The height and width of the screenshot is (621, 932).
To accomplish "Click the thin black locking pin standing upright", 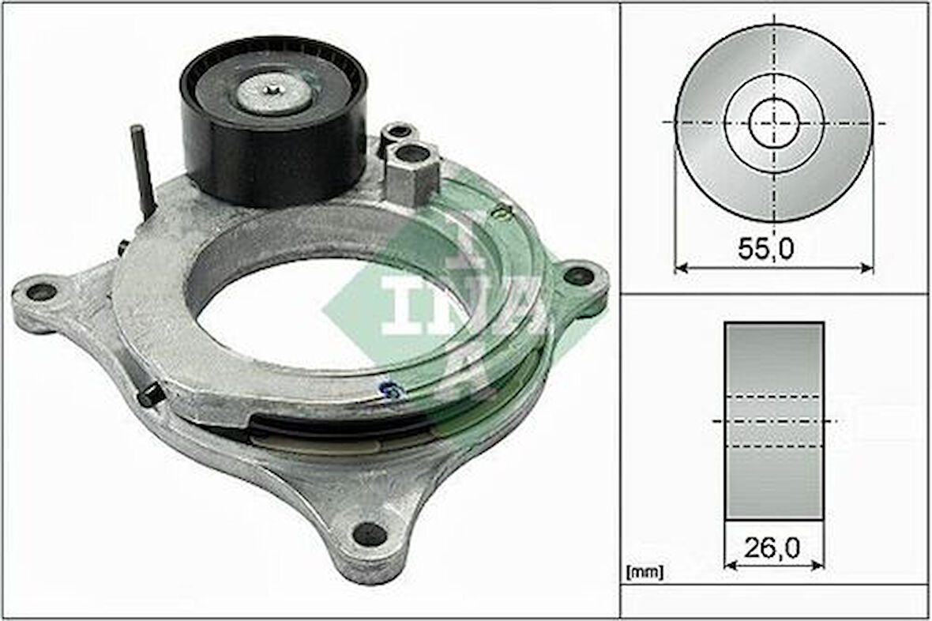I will click(x=143, y=170).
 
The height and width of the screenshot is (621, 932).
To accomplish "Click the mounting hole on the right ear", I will click(x=578, y=276).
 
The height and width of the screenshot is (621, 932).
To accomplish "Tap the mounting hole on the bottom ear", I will click(x=370, y=534).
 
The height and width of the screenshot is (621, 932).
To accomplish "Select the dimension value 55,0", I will click(x=765, y=249).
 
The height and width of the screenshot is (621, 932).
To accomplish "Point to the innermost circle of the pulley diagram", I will click(x=774, y=122).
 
